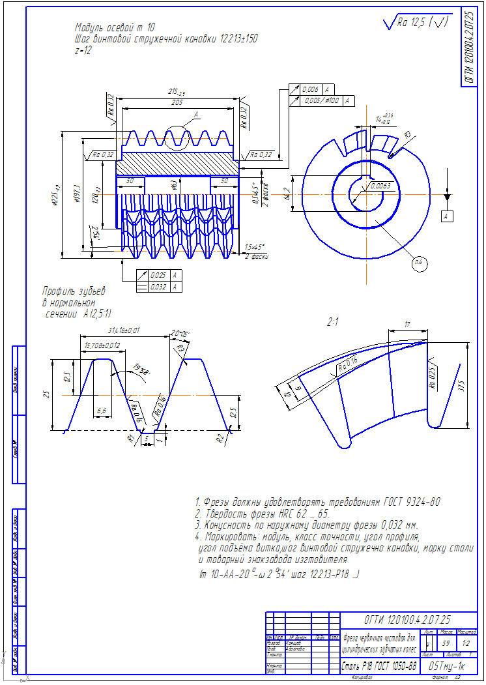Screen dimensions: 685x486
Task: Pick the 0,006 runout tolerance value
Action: coord(311,89)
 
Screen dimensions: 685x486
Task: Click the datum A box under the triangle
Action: coord(447,216)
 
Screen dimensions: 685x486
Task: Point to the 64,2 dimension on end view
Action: coord(287,193)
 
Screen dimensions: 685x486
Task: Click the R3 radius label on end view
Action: coord(407,134)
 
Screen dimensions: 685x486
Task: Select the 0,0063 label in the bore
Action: coord(380,186)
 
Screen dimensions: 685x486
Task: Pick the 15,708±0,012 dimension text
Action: coord(102,344)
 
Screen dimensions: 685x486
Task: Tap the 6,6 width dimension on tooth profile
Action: coord(100,412)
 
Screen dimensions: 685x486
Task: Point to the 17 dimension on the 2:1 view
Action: coord(407,323)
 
